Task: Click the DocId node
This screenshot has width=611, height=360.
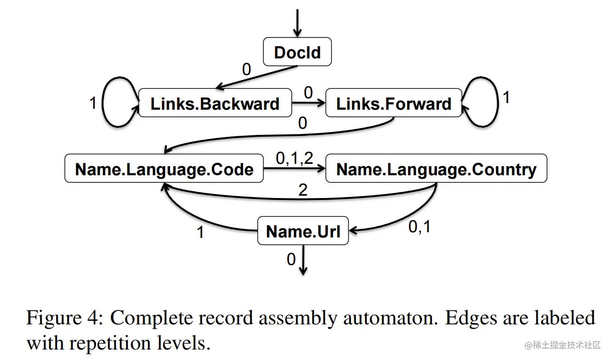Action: click(297, 52)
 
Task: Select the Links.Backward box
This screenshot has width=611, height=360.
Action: click(215, 104)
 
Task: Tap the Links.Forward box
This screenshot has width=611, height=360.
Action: click(393, 104)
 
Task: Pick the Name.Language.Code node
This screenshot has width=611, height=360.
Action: click(164, 169)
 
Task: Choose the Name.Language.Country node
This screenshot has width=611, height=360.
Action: click(436, 169)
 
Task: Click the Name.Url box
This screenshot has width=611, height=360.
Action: click(303, 231)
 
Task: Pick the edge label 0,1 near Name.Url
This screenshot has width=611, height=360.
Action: click(420, 227)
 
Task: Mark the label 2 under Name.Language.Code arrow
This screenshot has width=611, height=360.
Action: click(303, 190)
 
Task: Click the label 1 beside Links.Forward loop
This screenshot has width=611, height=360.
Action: click(506, 97)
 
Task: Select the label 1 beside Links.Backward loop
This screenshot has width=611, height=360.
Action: click(93, 103)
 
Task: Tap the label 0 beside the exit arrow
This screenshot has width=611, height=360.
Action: click(291, 259)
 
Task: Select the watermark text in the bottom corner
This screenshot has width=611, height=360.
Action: click(563, 345)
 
